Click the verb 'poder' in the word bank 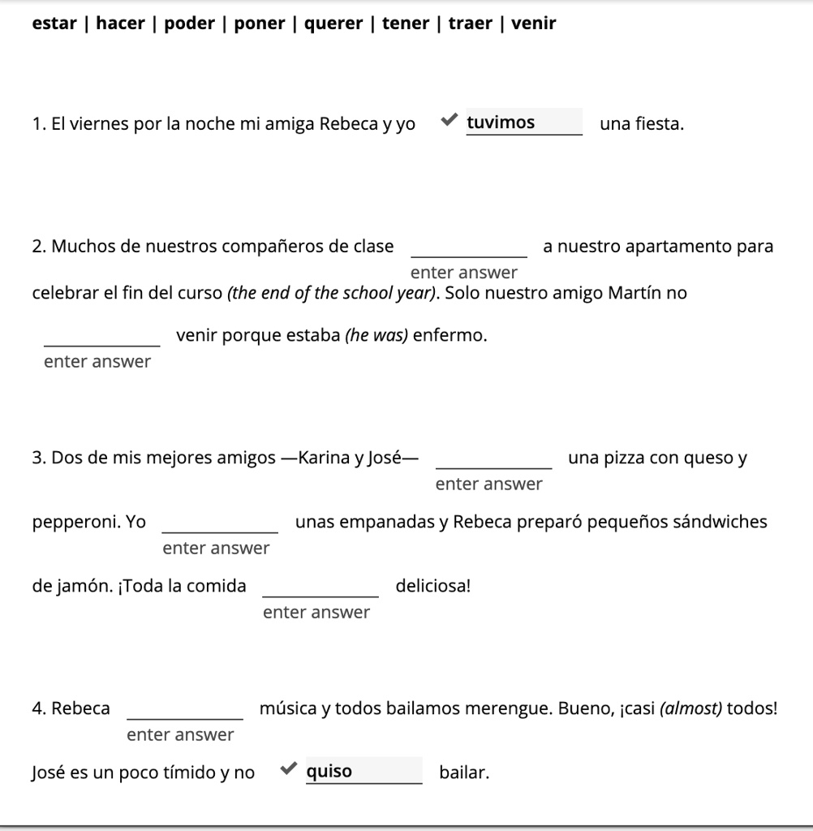[x=189, y=24]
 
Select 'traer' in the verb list [x=471, y=24]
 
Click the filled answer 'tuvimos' [x=523, y=123]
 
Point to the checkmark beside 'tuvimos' [x=449, y=122]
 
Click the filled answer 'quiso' [x=363, y=771]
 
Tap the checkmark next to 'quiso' [x=288, y=769]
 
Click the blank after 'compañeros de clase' [x=469, y=248]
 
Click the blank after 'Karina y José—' [x=494, y=459]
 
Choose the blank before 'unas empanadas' [x=221, y=523]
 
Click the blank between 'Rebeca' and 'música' [x=185, y=710]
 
